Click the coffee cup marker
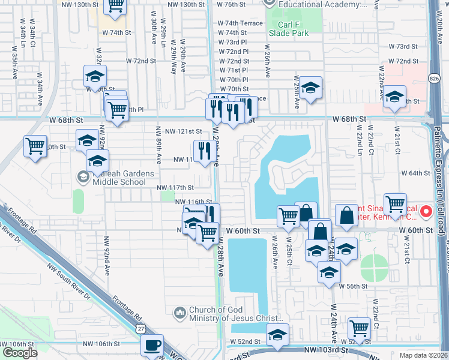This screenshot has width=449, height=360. [152, 346]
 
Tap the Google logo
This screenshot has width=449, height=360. [20, 353]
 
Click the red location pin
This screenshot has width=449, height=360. [426, 211]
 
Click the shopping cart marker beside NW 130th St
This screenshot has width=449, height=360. [115, 6]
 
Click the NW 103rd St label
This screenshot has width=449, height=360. [327, 349]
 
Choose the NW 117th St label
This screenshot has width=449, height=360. [175, 188]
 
